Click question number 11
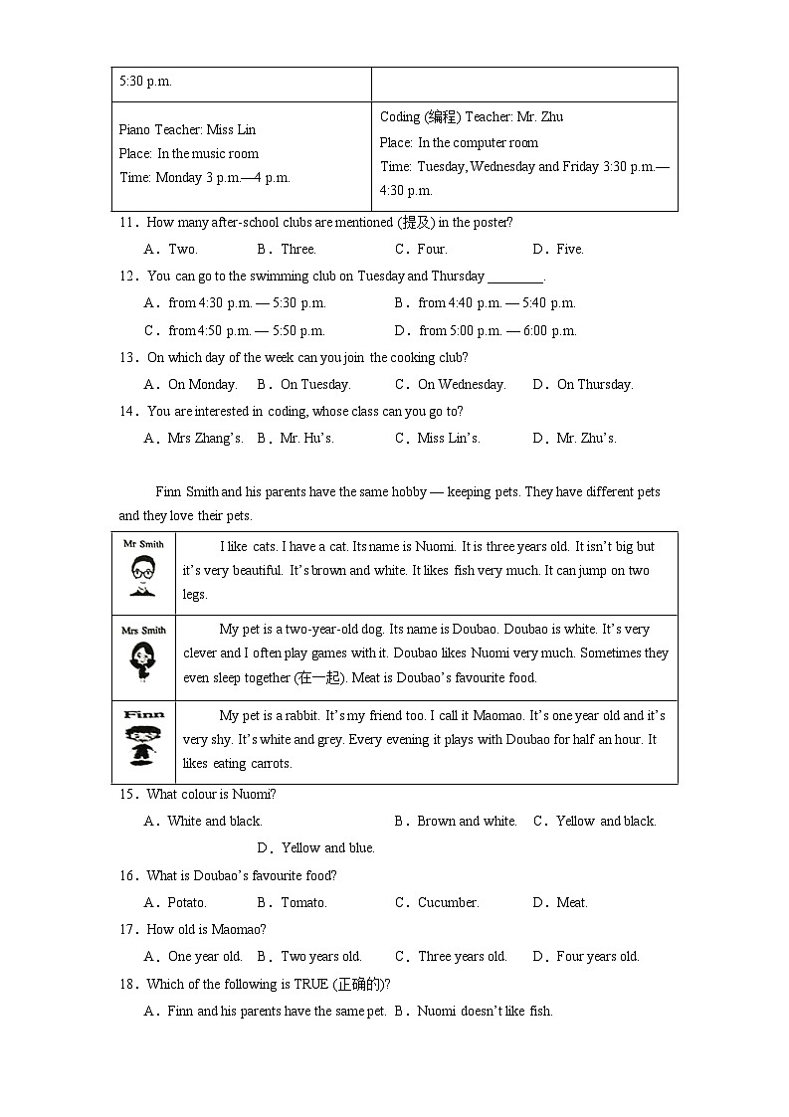point(126,222)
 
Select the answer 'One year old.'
point(205,956)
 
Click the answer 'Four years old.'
point(597,956)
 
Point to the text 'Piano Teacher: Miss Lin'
point(187,129)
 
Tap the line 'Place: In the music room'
point(188,153)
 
